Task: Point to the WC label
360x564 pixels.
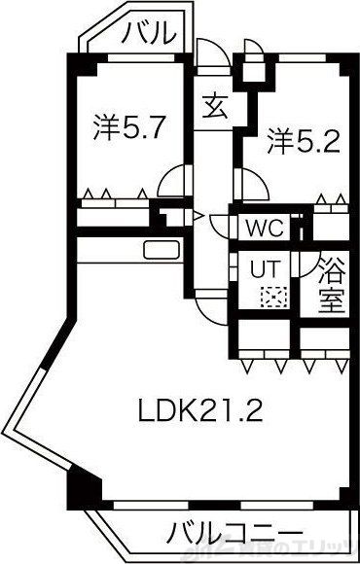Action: click(x=264, y=229)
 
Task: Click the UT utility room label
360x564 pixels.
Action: click(x=265, y=266)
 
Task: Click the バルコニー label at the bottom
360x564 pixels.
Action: click(x=231, y=534)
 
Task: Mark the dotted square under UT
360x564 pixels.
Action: click(x=267, y=297)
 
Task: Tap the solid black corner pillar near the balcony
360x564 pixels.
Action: click(x=82, y=483)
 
